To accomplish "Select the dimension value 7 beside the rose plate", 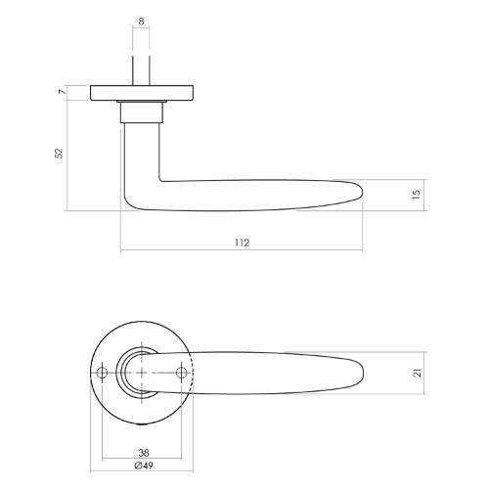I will click(x=61, y=93).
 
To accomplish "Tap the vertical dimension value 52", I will click(x=58, y=154).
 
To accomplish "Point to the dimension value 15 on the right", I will click(x=416, y=195).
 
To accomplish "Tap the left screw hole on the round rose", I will click(x=103, y=373).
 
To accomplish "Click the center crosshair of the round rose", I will click(x=143, y=373).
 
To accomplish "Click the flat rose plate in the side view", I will click(x=142, y=93).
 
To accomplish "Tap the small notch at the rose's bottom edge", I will click(x=143, y=420).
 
